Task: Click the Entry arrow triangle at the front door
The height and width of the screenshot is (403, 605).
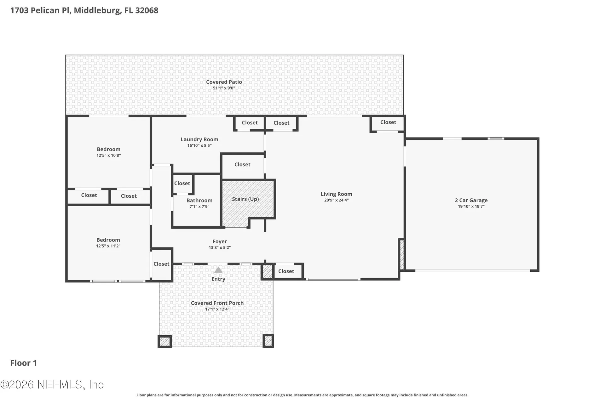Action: click(x=218, y=270)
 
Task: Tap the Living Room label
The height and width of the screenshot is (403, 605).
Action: click(x=337, y=194)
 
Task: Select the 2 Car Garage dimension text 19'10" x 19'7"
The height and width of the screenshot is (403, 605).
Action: click(x=471, y=207)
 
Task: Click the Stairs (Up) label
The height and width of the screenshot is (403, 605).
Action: click(x=245, y=199)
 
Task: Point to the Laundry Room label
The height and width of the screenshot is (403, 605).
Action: click(x=199, y=139)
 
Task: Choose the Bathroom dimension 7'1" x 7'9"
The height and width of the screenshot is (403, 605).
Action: click(x=199, y=207)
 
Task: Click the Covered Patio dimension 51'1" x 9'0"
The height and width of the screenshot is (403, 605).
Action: click(x=224, y=88)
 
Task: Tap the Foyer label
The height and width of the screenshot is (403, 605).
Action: click(x=220, y=241)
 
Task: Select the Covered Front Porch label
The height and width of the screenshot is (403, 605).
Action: click(x=217, y=303)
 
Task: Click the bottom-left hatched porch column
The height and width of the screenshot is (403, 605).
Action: click(x=165, y=342)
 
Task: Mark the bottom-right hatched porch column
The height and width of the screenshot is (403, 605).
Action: click(x=268, y=341)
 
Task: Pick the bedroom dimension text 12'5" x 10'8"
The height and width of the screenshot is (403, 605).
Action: click(x=109, y=156)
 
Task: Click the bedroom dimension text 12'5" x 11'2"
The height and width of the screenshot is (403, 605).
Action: click(x=108, y=246)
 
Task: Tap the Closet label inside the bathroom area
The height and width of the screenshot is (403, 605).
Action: click(x=182, y=183)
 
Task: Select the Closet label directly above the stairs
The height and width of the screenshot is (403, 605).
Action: click(x=242, y=164)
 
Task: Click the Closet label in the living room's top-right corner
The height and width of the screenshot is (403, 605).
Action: click(x=388, y=122)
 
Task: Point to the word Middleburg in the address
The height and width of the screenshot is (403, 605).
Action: click(x=97, y=10)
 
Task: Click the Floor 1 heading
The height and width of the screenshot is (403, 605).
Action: click(x=24, y=363)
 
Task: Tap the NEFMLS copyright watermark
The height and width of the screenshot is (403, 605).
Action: click(x=52, y=384)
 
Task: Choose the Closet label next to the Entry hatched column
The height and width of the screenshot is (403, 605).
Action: click(x=286, y=271)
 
